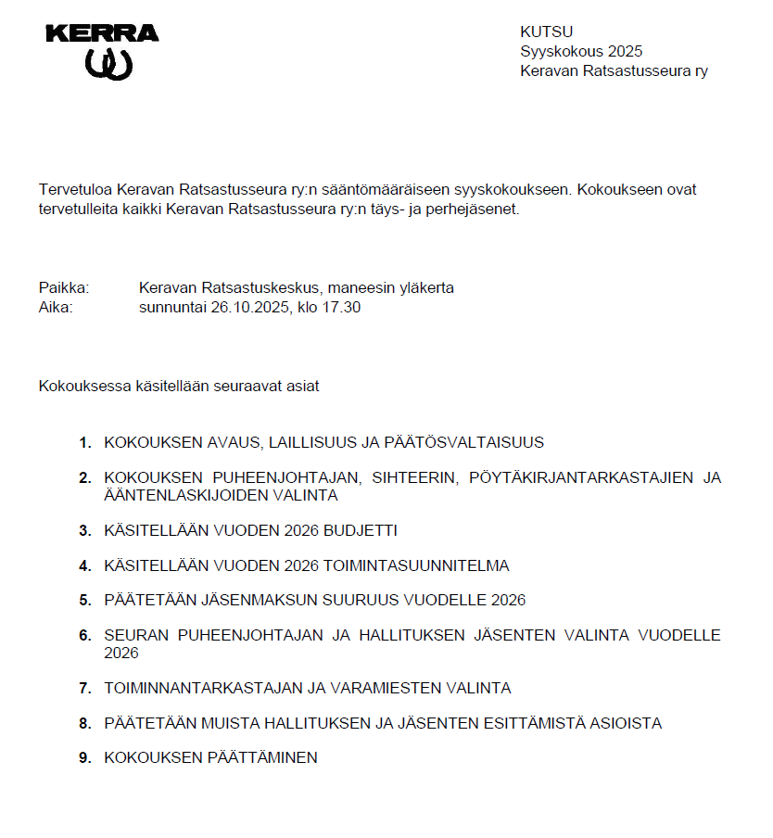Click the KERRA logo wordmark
pyautogui.click(x=102, y=33)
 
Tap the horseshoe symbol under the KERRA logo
pyautogui.click(x=109, y=64)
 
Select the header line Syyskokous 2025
pyautogui.click(x=581, y=51)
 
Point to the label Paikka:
pyautogui.click(x=64, y=287)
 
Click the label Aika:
pyautogui.click(x=56, y=307)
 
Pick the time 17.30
pyautogui.click(x=341, y=307)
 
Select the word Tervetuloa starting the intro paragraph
pyautogui.click(x=76, y=189)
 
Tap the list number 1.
pyautogui.click(x=84, y=442)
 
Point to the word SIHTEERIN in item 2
pyautogui.click(x=413, y=477)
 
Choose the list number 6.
pyautogui.click(x=84, y=635)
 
